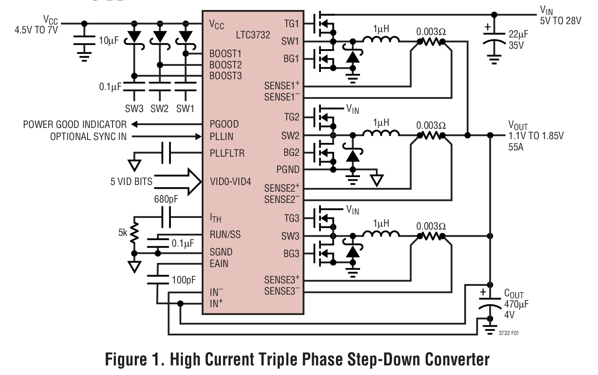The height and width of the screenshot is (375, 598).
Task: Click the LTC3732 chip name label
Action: (x=253, y=35)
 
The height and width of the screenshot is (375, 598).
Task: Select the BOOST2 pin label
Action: (x=225, y=65)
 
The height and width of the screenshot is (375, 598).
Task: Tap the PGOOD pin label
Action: (x=224, y=124)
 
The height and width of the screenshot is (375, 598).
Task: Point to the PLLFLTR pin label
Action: (x=227, y=153)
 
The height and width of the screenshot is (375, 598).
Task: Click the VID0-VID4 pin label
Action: (x=230, y=182)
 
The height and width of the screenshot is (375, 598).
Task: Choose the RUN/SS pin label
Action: (x=225, y=235)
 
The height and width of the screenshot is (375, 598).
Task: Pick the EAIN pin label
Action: (x=219, y=264)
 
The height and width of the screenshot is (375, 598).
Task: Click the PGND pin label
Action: (x=288, y=170)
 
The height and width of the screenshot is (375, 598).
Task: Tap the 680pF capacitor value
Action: (x=166, y=199)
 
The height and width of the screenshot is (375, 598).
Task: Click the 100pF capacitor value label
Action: (x=184, y=280)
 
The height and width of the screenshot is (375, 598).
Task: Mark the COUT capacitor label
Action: (x=514, y=294)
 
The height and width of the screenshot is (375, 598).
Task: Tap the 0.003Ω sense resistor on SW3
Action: (x=431, y=236)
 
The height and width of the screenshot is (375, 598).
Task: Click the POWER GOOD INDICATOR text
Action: (x=75, y=125)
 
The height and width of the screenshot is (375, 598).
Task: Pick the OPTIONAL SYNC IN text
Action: (x=88, y=137)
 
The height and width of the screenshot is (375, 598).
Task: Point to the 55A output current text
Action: (x=516, y=147)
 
